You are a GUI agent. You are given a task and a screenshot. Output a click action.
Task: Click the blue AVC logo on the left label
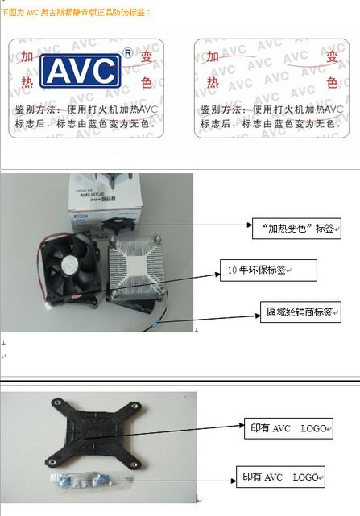(x=81, y=71)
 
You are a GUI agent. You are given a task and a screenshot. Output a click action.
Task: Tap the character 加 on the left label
(x=27, y=57)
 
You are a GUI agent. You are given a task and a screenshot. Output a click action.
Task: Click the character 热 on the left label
(x=27, y=82)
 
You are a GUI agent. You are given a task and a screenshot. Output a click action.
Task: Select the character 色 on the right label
(x=332, y=82)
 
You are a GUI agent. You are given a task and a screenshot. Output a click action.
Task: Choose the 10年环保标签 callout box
(x=269, y=271)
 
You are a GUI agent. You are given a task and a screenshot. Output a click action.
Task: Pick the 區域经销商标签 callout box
(x=298, y=312)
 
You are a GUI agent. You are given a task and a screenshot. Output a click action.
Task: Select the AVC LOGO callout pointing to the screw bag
(x=280, y=477)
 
